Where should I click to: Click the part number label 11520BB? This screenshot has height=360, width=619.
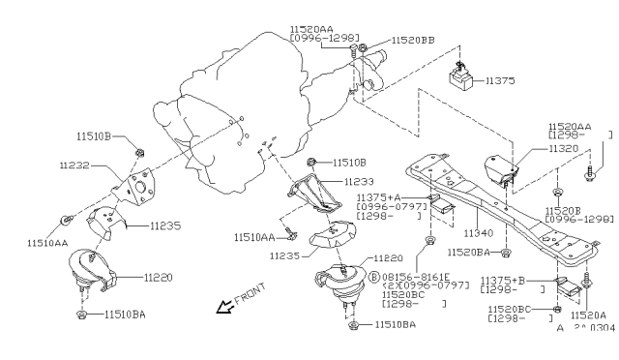[x=413, y=42]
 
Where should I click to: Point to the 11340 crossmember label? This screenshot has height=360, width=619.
[x=477, y=233]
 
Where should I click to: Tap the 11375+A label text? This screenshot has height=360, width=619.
[x=379, y=196]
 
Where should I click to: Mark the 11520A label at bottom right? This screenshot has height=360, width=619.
[x=589, y=315]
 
